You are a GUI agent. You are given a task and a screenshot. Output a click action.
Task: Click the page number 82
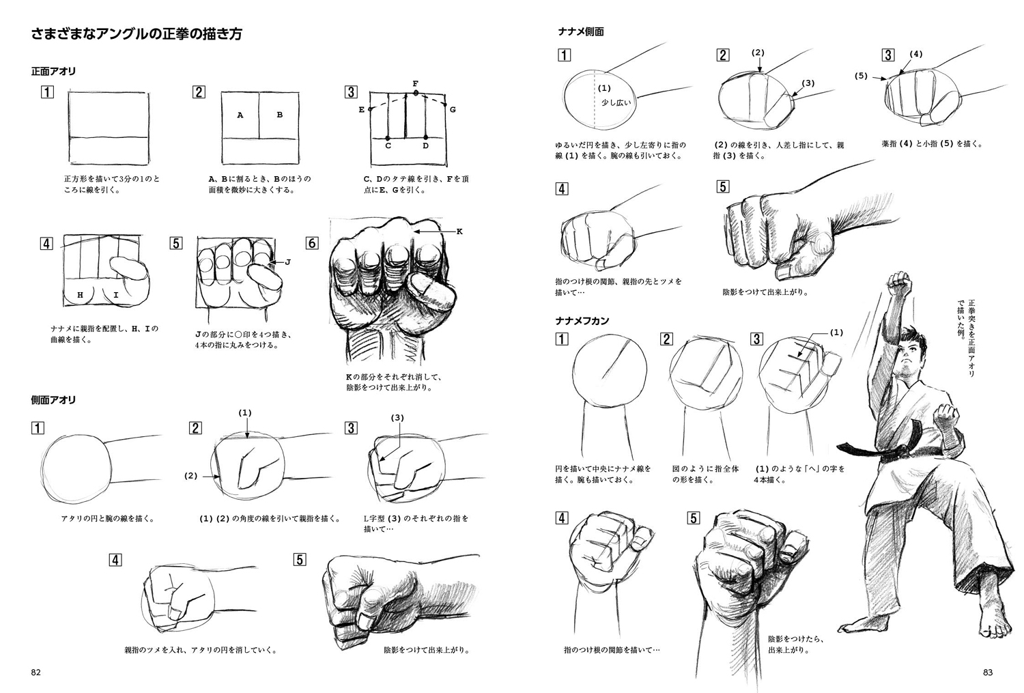tap(36, 672)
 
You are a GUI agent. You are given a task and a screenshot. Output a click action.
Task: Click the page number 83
tap(988, 672)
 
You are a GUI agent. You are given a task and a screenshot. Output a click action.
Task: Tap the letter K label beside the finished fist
tap(459, 231)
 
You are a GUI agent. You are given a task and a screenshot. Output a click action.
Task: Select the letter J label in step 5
tap(287, 261)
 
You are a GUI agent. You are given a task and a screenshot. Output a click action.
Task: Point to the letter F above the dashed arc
tap(415, 83)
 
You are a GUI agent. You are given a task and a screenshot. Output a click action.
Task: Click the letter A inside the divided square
tap(240, 115)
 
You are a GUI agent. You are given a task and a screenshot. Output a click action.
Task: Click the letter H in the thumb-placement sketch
tap(81, 295)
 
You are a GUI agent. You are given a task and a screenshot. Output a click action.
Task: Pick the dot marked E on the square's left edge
tap(369, 109)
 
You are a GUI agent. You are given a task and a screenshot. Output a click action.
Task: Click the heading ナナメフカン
tap(582, 320)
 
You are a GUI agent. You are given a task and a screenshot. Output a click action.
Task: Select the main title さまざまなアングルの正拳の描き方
tap(137, 34)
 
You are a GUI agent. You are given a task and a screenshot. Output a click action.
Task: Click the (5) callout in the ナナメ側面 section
tap(861, 76)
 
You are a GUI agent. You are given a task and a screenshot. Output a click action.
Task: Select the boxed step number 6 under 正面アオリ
tap(312, 243)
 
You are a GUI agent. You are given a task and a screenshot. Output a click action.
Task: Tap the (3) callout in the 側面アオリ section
tap(397, 417)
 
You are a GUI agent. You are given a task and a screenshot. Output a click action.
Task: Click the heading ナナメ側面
tap(581, 31)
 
